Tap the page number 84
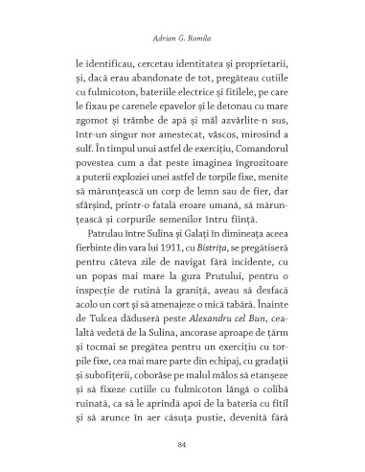(182, 444)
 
